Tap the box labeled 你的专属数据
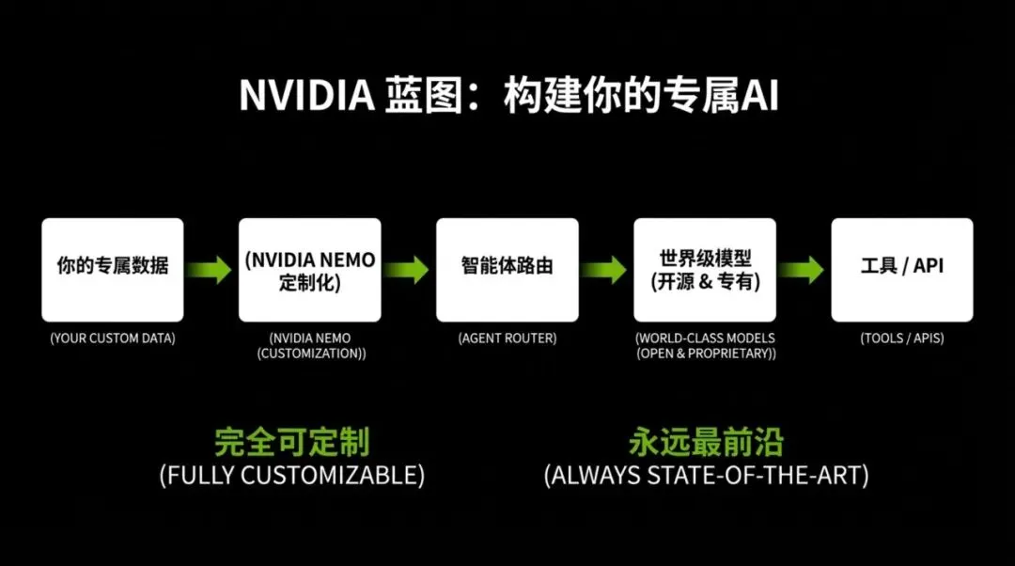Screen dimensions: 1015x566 [x=113, y=270]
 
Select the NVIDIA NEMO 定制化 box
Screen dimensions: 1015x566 [x=310, y=270]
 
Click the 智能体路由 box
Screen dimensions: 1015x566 [x=507, y=270]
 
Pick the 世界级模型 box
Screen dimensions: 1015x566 [x=705, y=270]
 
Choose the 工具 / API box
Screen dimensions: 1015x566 [x=902, y=270]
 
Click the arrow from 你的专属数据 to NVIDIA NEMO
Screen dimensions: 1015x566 [x=209, y=270]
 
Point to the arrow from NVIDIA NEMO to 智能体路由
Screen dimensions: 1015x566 [x=406, y=270]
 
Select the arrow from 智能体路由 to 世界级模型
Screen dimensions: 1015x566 [x=603, y=270]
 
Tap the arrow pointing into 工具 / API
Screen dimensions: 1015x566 [x=801, y=270]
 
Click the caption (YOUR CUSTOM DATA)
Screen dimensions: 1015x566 [x=113, y=338]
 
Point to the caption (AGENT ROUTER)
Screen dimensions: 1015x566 [x=507, y=338]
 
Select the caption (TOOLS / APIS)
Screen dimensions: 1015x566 [x=902, y=338]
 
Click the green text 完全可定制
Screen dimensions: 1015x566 [x=292, y=442]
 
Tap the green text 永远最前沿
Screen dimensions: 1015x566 [x=706, y=442]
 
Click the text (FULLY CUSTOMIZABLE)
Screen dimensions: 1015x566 [x=292, y=475]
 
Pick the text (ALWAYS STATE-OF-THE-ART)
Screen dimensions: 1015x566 [x=706, y=475]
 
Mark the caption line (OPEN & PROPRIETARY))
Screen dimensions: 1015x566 [x=705, y=354]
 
